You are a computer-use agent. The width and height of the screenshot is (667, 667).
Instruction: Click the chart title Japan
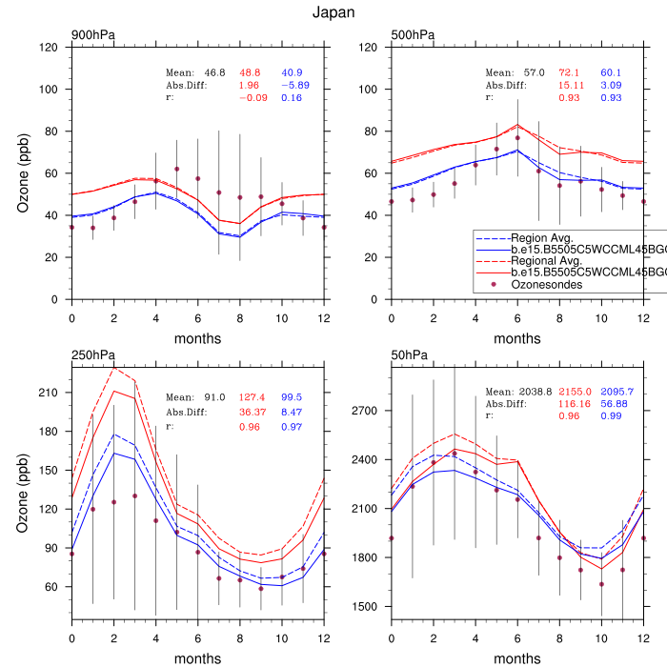(333, 13)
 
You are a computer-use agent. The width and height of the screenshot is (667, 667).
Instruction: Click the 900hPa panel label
(92, 35)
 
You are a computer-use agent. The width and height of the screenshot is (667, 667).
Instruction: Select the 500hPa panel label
(413, 35)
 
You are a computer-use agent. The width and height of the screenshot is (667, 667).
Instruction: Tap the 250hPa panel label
(92, 355)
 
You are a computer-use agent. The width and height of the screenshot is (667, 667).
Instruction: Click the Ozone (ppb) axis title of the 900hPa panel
(23, 173)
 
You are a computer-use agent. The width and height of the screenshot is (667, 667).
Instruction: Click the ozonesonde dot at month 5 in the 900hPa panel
(176, 169)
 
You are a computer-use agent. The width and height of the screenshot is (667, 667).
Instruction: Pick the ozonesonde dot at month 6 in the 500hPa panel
(517, 138)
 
